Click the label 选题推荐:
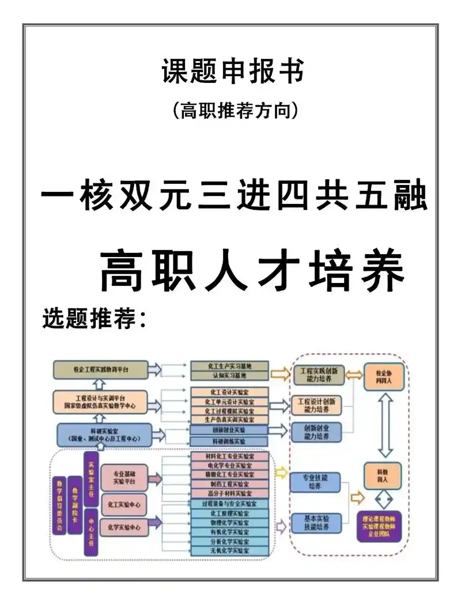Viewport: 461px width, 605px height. click(x=96, y=317)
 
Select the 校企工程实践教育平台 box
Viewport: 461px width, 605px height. click(x=101, y=369)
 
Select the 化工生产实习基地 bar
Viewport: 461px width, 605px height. click(x=230, y=366)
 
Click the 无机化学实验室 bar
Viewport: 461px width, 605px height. click(x=230, y=551)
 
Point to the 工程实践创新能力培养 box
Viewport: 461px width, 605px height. click(x=319, y=375)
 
